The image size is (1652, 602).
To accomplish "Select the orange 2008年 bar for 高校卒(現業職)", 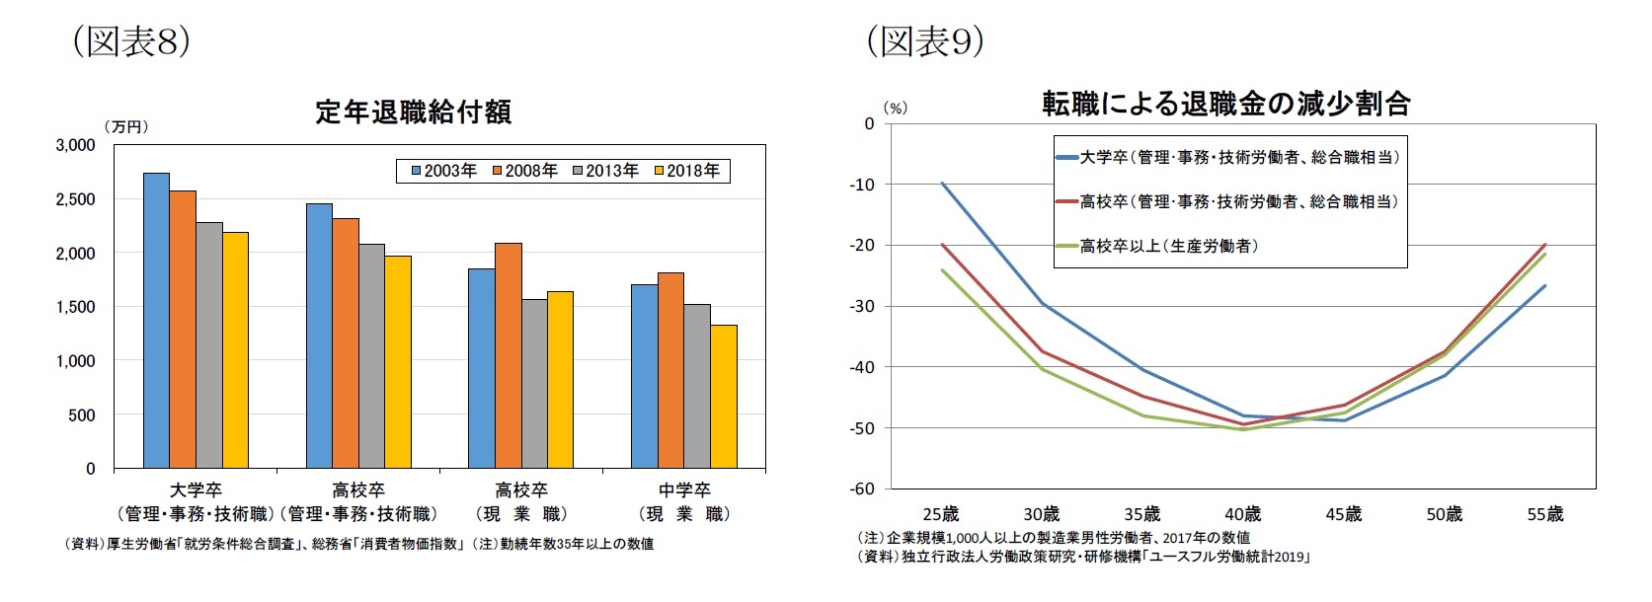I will (x=509, y=355).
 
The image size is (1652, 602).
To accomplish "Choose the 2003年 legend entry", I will (x=443, y=171).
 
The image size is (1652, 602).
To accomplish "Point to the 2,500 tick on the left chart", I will (x=75, y=199).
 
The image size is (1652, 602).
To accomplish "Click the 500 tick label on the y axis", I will (x=82, y=415).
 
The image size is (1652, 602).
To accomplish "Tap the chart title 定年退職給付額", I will (x=413, y=112).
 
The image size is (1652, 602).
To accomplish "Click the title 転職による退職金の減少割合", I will (x=1225, y=104).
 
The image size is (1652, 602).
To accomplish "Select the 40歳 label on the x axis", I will (x=1242, y=514).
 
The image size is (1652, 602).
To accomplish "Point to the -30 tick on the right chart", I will (x=862, y=306).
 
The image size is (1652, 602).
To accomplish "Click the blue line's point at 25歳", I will (x=942, y=183).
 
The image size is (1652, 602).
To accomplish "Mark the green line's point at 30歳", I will (x=1043, y=369).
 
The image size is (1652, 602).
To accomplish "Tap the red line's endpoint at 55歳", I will (x=1545, y=245).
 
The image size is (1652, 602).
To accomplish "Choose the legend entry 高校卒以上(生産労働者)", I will (x=1169, y=246).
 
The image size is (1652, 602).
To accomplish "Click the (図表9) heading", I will (x=924, y=41).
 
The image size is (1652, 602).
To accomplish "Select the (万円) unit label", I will (x=125, y=126).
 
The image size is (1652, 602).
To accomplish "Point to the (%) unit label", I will (x=895, y=109).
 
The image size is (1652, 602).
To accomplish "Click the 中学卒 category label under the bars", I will (x=684, y=490).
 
